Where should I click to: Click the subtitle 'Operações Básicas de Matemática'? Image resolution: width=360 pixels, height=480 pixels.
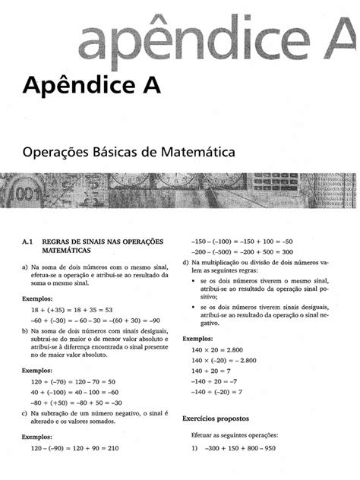[128, 152]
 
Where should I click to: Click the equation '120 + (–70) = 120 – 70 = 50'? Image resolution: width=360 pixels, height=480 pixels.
[73, 382]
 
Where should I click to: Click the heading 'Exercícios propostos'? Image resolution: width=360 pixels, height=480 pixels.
[217, 418]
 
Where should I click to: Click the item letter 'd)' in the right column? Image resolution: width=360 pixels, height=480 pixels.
[187, 263]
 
